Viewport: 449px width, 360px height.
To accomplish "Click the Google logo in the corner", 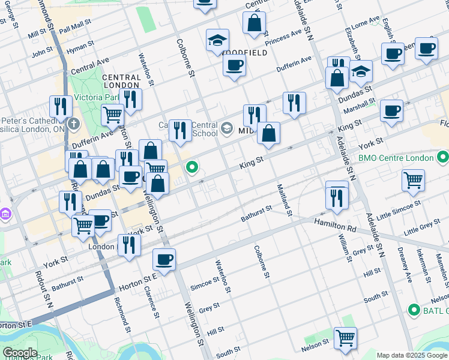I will [x=19, y=352].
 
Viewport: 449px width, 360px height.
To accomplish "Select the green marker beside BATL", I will [x=413, y=310].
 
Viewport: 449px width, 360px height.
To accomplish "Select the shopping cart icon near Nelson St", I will [x=345, y=338].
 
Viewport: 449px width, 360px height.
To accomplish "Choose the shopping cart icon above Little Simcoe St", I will [x=413, y=179].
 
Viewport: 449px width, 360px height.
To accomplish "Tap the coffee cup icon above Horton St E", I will [x=164, y=259].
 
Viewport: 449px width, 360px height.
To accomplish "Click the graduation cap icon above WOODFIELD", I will [x=217, y=40].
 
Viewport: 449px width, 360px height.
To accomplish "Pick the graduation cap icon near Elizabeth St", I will [x=360, y=72].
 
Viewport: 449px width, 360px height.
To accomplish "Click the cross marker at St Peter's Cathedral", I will [x=73, y=125].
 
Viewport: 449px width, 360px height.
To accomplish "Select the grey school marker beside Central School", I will [x=227, y=127].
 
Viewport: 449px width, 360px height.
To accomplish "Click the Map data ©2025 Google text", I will [x=412, y=355].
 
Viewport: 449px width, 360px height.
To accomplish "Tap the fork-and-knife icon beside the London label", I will [x=129, y=245].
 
